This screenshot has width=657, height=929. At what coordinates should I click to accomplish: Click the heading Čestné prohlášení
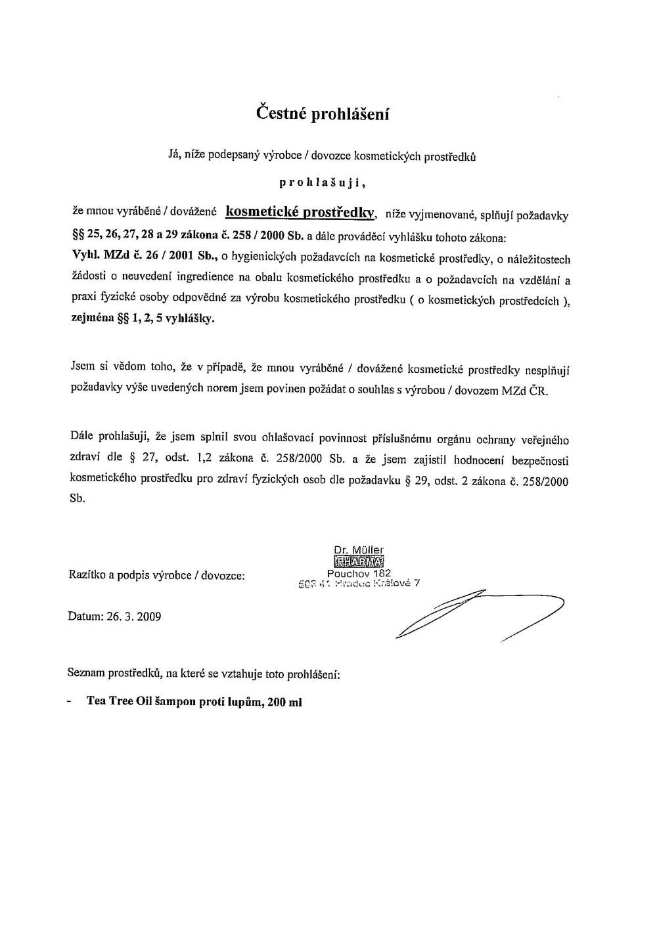click(323, 114)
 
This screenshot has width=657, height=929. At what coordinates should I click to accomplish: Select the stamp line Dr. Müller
click(359, 550)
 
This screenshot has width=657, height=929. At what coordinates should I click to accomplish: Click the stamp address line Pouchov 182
click(359, 573)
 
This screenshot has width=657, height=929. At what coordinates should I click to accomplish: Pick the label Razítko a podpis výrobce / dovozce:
click(156, 575)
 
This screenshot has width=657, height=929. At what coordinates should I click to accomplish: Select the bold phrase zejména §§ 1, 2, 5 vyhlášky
click(142, 320)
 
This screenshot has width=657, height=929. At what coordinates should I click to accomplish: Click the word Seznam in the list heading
click(86, 674)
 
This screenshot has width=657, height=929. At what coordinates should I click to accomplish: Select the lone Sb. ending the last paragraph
click(77, 499)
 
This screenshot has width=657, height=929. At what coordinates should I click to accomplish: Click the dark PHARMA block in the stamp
click(359, 561)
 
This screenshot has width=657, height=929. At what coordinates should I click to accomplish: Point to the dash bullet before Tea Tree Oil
click(70, 701)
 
